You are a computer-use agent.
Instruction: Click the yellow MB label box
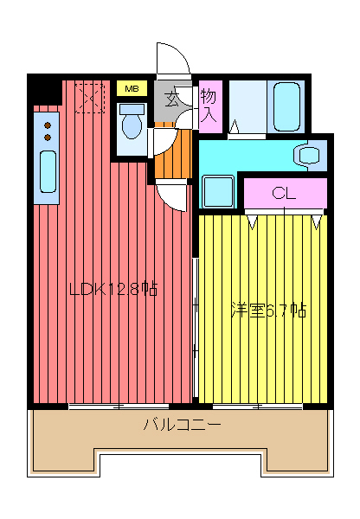tap(132, 88)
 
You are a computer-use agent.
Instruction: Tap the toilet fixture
tap(132, 123)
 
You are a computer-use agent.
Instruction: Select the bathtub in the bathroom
tap(286, 107)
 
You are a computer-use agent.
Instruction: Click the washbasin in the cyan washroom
tap(308, 155)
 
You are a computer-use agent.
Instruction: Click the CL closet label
tap(284, 193)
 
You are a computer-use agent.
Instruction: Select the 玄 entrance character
tap(173, 99)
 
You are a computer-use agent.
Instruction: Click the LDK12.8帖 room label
tap(112, 290)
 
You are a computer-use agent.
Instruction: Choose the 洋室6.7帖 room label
tap(267, 310)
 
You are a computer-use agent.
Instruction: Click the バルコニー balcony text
tap(181, 425)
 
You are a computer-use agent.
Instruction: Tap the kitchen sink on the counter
tap(47, 171)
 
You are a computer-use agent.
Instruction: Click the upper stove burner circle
tap(47, 125)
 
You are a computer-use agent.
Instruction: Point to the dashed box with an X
tap(88, 97)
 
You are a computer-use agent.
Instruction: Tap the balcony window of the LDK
tap(119, 405)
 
